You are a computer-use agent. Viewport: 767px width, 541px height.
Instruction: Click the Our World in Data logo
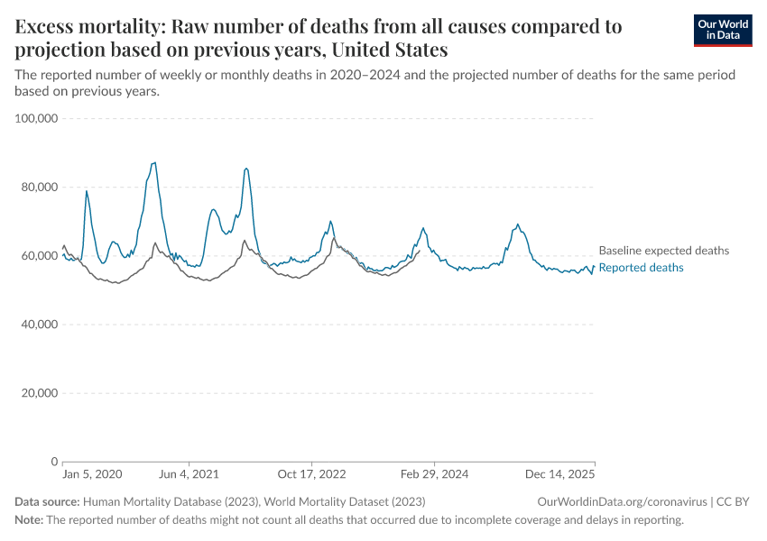pos(722,30)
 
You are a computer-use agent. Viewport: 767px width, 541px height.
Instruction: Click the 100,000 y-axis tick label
pos(37,118)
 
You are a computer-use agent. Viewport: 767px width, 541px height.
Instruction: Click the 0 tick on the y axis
pos(54,462)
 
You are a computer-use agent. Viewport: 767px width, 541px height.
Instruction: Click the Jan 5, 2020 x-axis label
pos(92,474)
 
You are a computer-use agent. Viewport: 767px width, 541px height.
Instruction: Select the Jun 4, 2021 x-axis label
pos(188,474)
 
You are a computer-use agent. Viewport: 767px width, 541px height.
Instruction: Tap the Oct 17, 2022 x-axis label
pos(312,474)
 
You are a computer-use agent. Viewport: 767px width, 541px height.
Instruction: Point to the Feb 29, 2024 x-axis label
pos(434,474)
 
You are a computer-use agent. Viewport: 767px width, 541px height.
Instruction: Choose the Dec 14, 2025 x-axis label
pos(560,474)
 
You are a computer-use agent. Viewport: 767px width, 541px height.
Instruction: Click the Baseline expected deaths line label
pos(663,251)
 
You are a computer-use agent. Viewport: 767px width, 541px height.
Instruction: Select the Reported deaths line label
pos(641,268)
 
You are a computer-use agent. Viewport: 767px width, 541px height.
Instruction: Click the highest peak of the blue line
pos(155,163)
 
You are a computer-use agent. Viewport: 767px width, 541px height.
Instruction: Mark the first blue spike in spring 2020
pos(87,191)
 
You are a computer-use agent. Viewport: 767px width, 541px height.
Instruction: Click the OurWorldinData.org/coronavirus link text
pos(621,501)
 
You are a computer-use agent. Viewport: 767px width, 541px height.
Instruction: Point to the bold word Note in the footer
pos(28,520)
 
